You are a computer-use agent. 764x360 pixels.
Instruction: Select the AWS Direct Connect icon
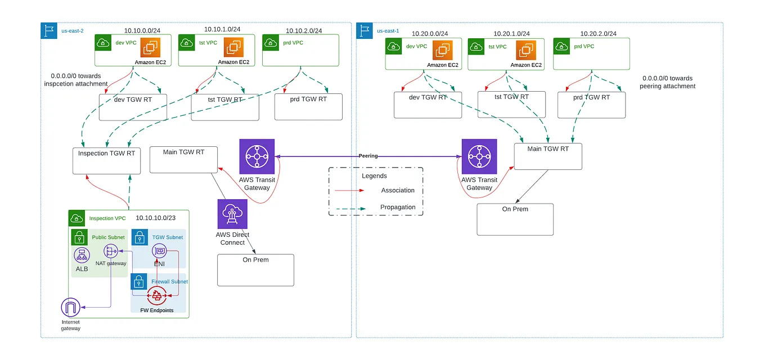point(232,214)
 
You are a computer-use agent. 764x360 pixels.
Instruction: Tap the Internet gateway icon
point(70,308)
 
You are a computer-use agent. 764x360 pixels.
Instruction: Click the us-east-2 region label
point(72,31)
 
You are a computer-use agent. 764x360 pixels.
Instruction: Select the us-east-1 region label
point(388,31)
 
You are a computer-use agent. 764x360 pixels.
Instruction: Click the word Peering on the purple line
point(368,156)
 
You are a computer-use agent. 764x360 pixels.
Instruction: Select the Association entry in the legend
point(397,190)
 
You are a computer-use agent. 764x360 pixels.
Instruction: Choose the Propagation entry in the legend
point(398,207)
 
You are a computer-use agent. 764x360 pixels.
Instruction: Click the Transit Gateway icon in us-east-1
point(479,157)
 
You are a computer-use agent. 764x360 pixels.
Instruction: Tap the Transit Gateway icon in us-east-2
point(257,157)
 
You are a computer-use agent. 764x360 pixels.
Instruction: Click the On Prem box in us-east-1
point(515,219)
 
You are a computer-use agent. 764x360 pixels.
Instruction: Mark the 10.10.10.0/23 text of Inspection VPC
point(156,218)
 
